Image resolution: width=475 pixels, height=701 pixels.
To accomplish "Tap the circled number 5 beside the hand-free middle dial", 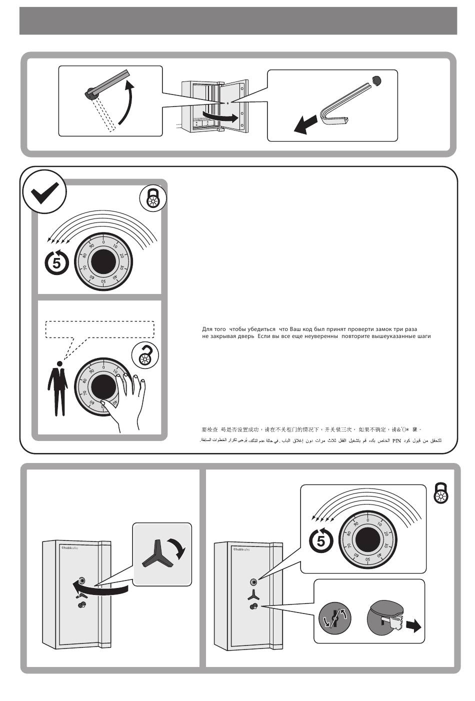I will pyautogui.click(x=57, y=261).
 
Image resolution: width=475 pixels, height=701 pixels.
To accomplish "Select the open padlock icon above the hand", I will pyautogui.click(x=145, y=355).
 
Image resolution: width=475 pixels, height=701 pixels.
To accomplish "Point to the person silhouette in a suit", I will pyautogui.click(x=58, y=388).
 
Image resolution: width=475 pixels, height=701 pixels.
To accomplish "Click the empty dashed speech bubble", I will pyautogui.click(x=100, y=329).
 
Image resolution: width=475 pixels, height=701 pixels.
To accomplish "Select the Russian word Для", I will pyautogui.click(x=207, y=329).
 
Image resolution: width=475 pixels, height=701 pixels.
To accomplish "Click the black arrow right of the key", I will pyautogui.click(x=413, y=625).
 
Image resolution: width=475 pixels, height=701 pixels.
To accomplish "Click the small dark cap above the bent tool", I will pyautogui.click(x=376, y=79).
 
